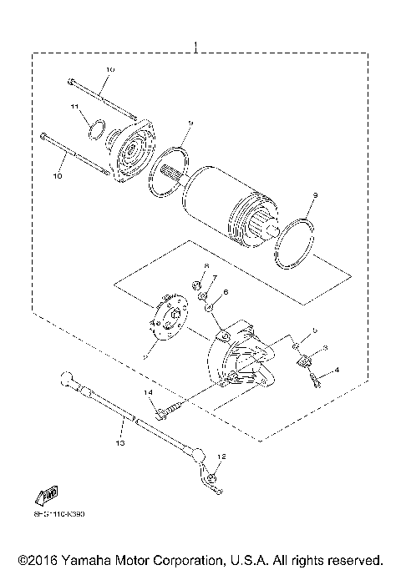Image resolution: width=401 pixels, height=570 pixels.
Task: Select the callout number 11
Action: point(74,108)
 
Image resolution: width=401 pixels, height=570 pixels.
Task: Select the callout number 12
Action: point(222,457)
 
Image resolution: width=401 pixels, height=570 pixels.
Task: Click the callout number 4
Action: point(337,369)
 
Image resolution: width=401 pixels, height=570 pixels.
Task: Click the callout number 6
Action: point(225,294)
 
